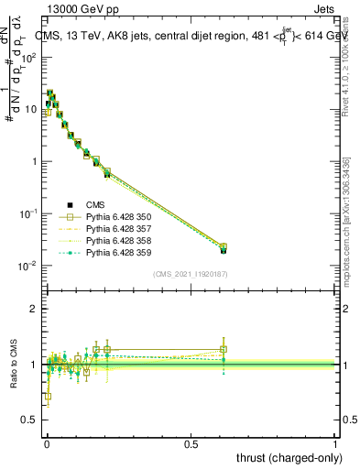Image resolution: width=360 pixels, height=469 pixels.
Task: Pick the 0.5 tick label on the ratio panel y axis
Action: pos(29,420)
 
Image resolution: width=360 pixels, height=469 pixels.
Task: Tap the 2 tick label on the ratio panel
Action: pos(35,309)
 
